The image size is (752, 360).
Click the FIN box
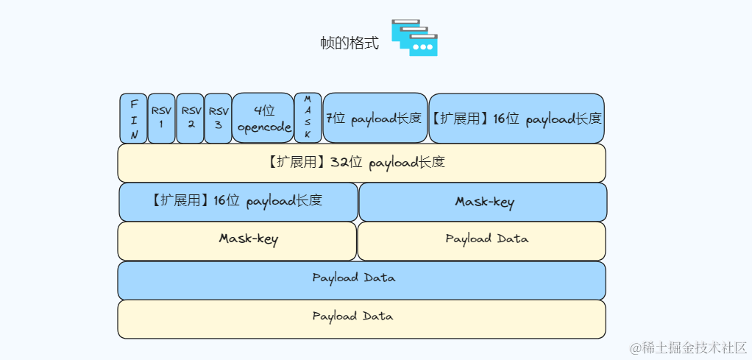[x=133, y=118]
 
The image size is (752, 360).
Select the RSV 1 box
[x=162, y=118]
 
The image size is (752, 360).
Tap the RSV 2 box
[x=191, y=118]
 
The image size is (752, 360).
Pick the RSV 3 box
[x=219, y=118]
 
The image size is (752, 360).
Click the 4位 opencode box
[x=263, y=118]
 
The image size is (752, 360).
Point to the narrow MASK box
[x=308, y=118]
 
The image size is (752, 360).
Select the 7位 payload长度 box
[x=375, y=118]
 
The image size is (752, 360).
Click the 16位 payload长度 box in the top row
[x=517, y=118]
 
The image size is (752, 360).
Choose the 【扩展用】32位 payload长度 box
[x=361, y=163]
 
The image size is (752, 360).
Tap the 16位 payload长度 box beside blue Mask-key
[x=238, y=202]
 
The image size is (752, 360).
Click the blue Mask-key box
[x=483, y=202]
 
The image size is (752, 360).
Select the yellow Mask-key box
[x=237, y=241]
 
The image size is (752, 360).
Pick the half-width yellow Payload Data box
[x=481, y=241]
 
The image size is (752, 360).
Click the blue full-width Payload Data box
[x=361, y=280]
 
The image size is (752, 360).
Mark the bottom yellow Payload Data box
[x=361, y=320]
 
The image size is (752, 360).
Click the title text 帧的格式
[x=350, y=43]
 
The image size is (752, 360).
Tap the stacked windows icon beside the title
[x=415, y=38]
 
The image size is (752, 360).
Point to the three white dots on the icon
[x=424, y=47]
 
